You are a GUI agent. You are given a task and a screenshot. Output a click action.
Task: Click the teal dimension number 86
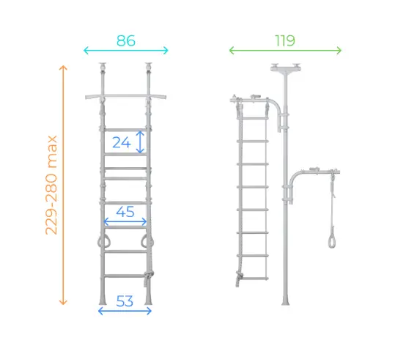[126, 40]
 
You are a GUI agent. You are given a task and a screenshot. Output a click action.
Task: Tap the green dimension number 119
[285, 40]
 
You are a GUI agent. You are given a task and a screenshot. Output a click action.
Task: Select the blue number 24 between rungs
[122, 142]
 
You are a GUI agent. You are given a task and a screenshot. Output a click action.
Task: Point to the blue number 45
[125, 212]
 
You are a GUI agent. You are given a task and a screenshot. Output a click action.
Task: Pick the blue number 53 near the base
[125, 301]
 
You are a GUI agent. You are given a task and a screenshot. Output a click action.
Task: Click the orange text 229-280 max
[51, 185]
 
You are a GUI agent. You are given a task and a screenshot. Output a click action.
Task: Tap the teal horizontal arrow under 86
[126, 51]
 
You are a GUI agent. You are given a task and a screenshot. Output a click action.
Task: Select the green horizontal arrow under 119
[285, 51]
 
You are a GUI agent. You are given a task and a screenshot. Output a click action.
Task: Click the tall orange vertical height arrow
[63, 185]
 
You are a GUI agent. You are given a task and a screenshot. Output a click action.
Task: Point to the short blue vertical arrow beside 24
[140, 142]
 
